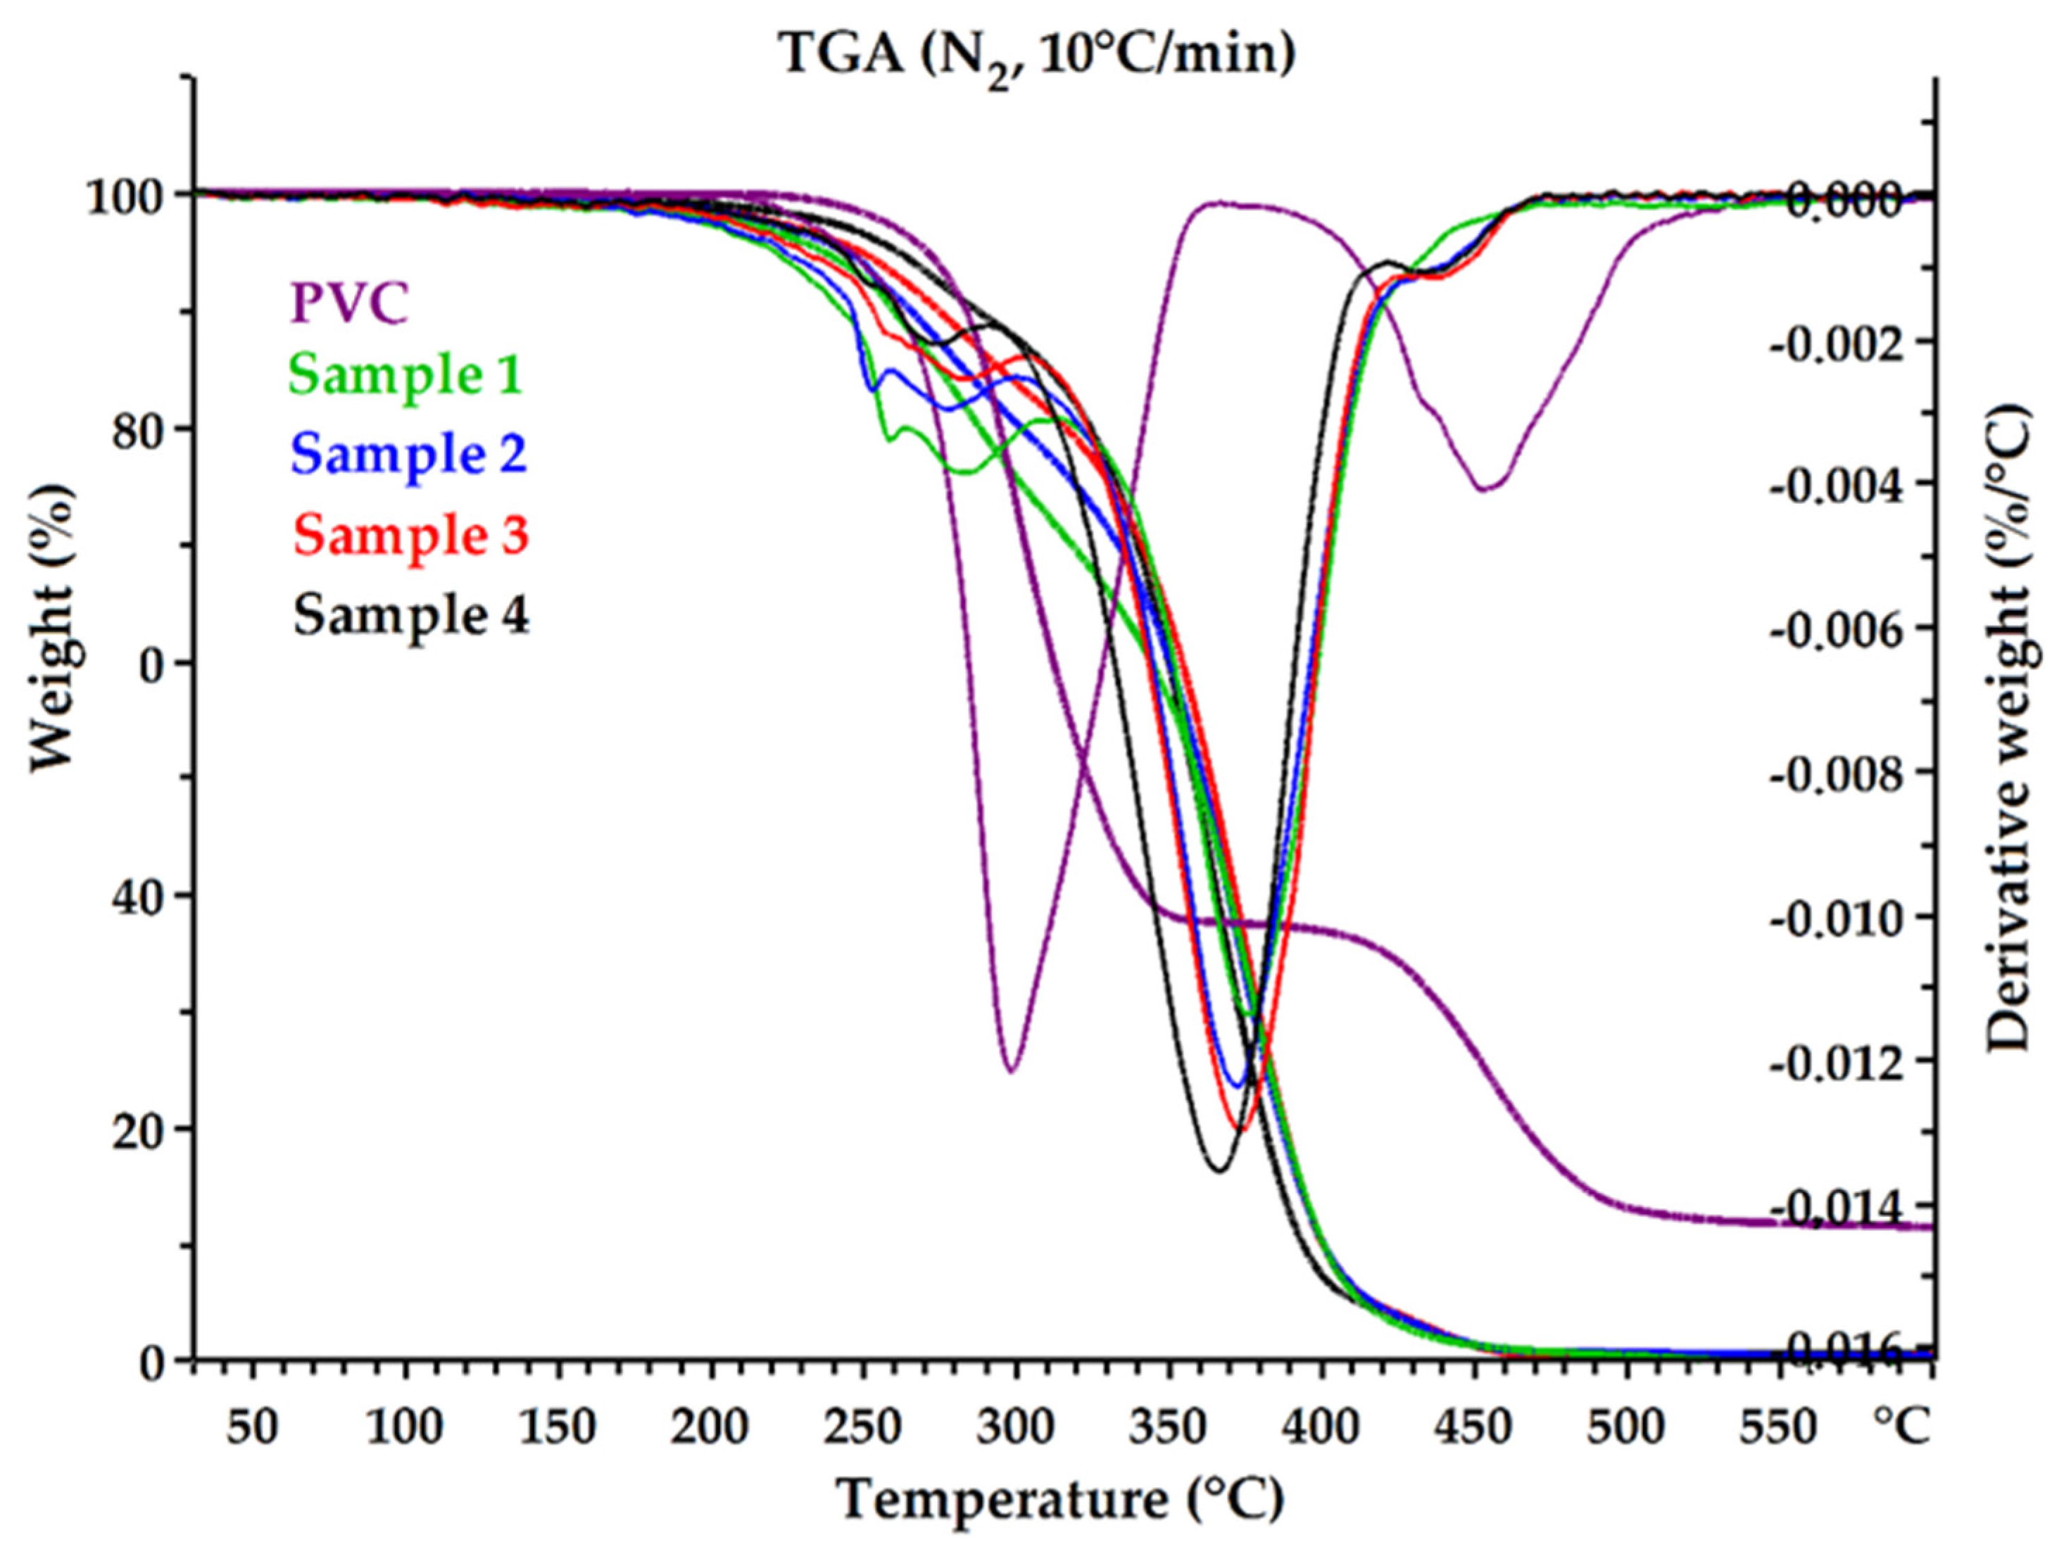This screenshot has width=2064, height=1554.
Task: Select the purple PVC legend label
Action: [350, 303]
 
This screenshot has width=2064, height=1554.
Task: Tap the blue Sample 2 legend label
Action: [409, 454]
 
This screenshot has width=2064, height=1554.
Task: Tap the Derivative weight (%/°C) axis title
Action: [2006, 728]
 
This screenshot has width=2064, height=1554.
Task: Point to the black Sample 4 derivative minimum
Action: [1219, 1170]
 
